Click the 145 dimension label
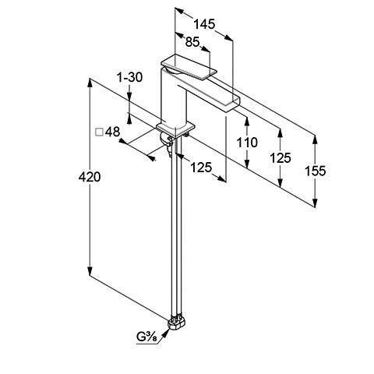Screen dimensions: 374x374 pos(205,24)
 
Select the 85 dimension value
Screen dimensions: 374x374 pos(192,42)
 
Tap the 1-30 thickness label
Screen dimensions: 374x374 pos(129,77)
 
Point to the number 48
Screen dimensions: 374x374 pos(112,132)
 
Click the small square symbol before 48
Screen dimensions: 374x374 pos(99,132)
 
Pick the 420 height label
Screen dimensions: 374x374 pos(90,177)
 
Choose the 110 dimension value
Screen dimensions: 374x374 pos(247,143)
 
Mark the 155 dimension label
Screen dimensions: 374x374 pos(315,171)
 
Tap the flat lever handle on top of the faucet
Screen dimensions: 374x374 pos(189,66)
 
